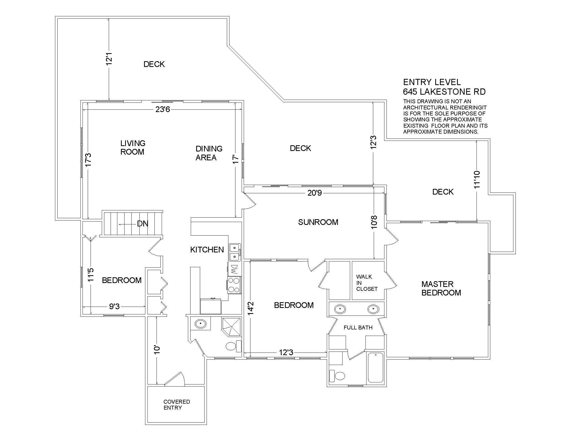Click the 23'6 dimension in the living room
tap(163, 109)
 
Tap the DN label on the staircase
tap(143, 224)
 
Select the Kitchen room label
tap(207, 250)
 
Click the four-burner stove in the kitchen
tap(234, 285)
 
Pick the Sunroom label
tap(318, 222)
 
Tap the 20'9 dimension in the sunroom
tap(315, 193)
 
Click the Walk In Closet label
tap(367, 283)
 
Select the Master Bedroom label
tap(441, 288)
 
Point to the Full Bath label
tap(358, 328)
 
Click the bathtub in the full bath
tap(376, 367)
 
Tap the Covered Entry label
tap(177, 405)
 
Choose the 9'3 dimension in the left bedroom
tap(114, 306)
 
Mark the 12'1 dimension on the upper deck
tap(109, 59)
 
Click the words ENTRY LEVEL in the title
tap(432, 82)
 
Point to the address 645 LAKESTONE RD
tap(444, 92)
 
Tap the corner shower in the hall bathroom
tap(231, 326)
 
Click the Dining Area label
tap(209, 153)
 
